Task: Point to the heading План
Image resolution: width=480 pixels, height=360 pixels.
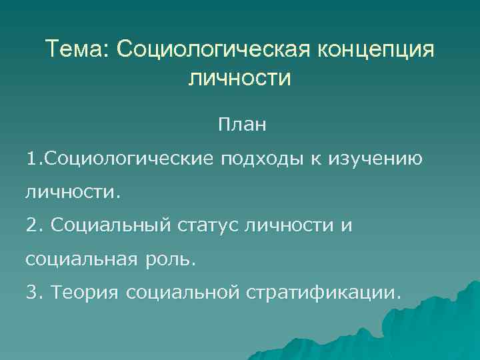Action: point(240,125)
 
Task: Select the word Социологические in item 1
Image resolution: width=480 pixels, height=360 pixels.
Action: point(130,160)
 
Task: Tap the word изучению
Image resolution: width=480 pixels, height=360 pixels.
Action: point(375,161)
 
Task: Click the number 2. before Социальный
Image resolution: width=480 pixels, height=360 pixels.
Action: point(33,227)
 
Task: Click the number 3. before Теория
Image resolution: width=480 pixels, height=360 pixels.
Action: point(33,293)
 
